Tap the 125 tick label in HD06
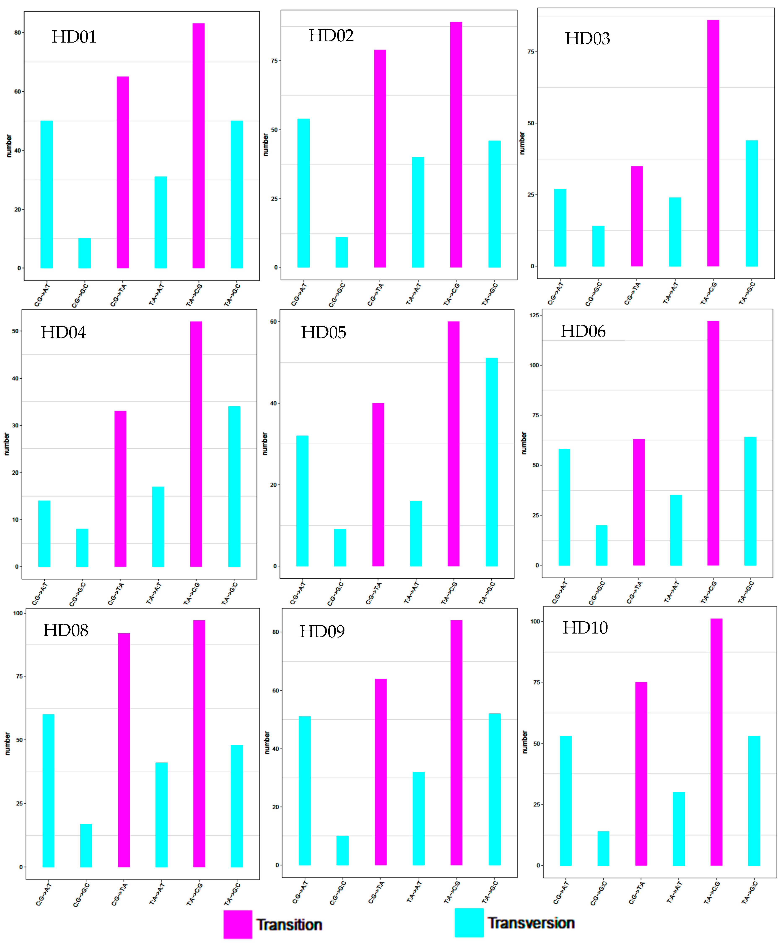click(x=534, y=316)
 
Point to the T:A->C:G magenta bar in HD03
click(x=713, y=143)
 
